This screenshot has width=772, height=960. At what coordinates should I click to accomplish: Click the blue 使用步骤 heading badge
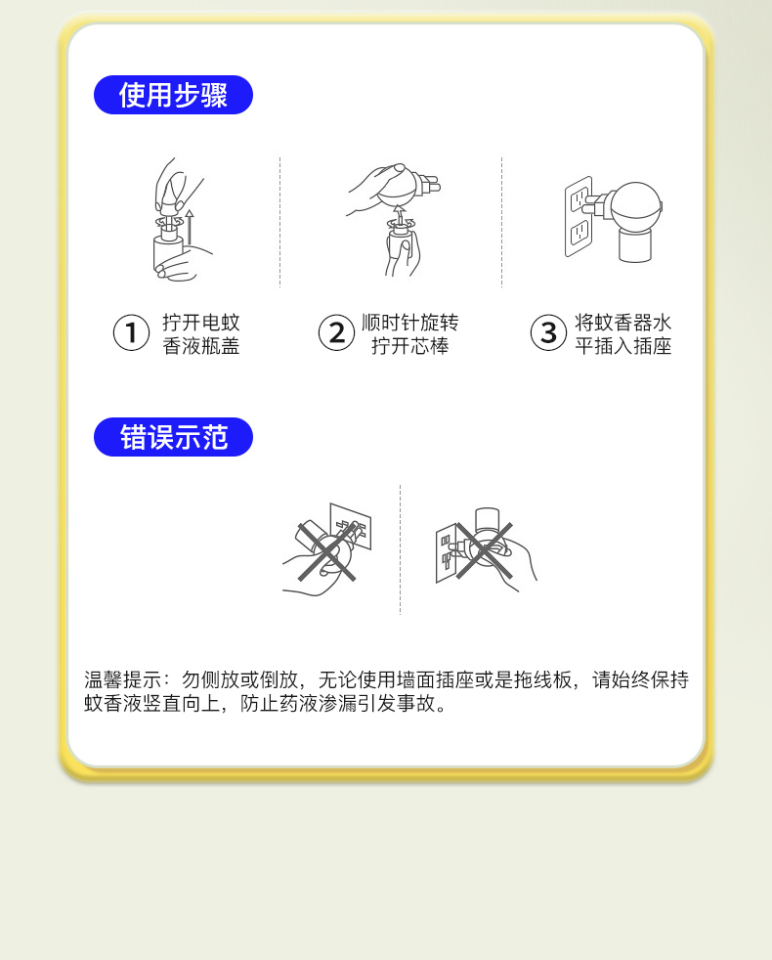(x=173, y=95)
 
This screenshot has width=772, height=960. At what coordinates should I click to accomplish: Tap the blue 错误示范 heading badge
(x=173, y=437)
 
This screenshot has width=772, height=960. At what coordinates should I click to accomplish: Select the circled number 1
(x=131, y=333)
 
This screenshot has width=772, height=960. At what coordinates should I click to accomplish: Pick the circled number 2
(x=336, y=333)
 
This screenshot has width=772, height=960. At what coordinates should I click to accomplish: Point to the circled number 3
(x=548, y=333)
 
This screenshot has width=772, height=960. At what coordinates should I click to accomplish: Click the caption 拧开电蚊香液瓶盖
(x=200, y=334)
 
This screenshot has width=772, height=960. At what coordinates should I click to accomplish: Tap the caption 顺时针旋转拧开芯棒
(x=409, y=334)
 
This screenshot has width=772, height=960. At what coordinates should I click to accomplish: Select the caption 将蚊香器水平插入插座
(x=622, y=334)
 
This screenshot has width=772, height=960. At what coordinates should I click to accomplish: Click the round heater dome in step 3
(x=637, y=205)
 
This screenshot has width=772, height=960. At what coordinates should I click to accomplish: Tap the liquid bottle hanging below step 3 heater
(x=635, y=245)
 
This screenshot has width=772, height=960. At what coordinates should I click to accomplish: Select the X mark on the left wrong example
(x=327, y=551)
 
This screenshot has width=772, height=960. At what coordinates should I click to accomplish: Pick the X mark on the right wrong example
(x=484, y=550)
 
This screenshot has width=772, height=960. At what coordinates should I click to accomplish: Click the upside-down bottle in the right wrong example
(x=487, y=519)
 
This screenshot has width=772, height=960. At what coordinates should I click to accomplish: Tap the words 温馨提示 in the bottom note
(x=122, y=679)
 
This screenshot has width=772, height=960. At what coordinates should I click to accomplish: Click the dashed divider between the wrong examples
(x=401, y=549)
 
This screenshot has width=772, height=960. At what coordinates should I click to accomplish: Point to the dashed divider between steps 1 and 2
(x=279, y=222)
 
